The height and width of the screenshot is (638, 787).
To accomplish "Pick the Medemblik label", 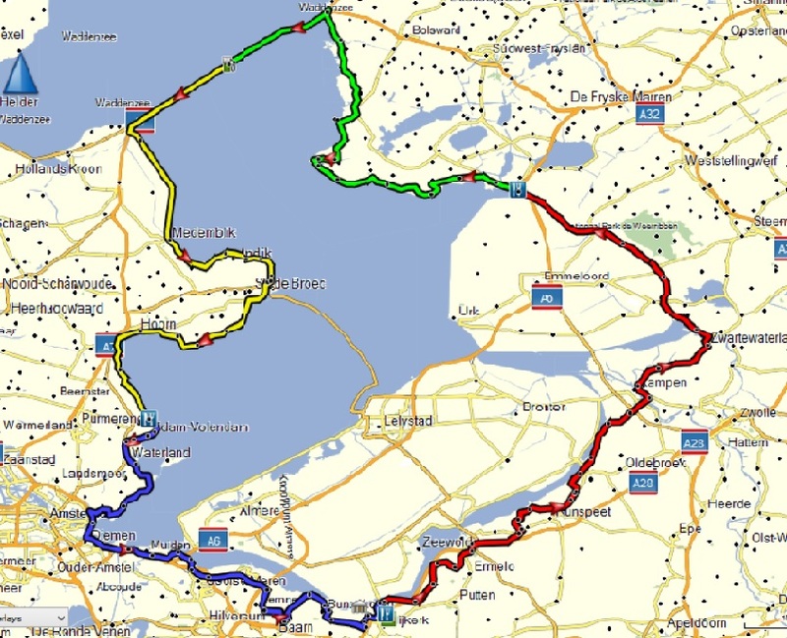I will click(x=204, y=233).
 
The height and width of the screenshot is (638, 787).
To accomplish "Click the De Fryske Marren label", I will click(x=621, y=96).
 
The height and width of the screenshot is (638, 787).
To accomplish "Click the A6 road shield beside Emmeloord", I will click(x=546, y=297).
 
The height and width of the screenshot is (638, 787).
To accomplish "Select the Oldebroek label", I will click(x=649, y=463).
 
